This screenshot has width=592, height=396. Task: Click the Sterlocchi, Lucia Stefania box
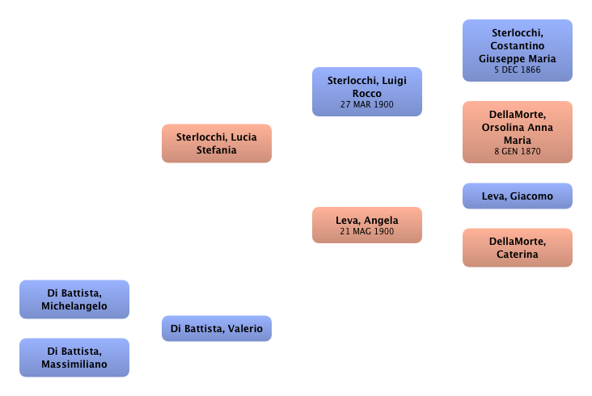pyautogui.click(x=216, y=143)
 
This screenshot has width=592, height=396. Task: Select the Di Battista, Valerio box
pyautogui.click(x=216, y=329)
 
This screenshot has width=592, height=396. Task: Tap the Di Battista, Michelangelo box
pyautogui.click(x=74, y=300)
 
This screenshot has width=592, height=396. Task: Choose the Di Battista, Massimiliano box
pyautogui.click(x=74, y=358)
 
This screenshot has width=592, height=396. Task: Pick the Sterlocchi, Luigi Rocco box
pyautogui.click(x=366, y=91)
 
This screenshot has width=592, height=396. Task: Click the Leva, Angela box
pyautogui.click(x=366, y=225)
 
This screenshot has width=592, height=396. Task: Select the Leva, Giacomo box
pyautogui.click(x=518, y=196)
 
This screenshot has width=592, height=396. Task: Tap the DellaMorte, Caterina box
pyautogui.click(x=518, y=247)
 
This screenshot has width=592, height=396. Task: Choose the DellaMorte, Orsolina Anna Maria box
pyautogui.click(x=518, y=129)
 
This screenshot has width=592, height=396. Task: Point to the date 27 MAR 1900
pyautogui.click(x=366, y=105)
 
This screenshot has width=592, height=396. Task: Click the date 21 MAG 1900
pyautogui.click(x=366, y=232)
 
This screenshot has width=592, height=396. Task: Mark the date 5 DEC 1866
pyautogui.click(x=518, y=70)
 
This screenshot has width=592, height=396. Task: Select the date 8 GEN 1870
pyautogui.click(x=518, y=151)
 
